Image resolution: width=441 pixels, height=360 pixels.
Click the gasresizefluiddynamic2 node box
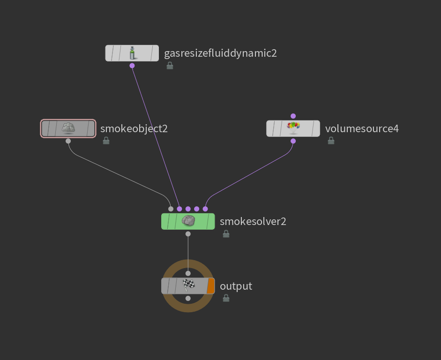(x=132, y=53)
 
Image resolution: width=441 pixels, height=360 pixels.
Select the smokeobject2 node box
(x=68, y=128)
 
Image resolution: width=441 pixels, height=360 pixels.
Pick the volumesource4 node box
(x=293, y=128)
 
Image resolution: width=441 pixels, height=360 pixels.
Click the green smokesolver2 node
(x=188, y=221)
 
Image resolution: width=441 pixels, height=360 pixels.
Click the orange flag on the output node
(x=210, y=286)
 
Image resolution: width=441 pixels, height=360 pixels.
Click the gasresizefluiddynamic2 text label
(x=220, y=53)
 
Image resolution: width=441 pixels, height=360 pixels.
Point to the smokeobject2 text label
(x=134, y=128)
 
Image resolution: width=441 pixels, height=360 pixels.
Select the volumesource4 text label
(x=362, y=128)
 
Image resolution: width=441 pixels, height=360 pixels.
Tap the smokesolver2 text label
(x=253, y=221)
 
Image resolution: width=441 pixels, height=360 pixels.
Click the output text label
(x=236, y=286)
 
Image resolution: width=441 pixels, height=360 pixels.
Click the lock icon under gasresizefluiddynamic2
(x=170, y=66)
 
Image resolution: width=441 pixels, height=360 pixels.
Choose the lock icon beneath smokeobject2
(x=106, y=141)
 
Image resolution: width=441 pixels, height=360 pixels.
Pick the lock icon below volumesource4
(x=331, y=141)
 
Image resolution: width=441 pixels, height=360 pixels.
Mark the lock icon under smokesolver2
(x=226, y=234)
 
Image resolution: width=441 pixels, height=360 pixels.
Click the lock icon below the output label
(x=226, y=298)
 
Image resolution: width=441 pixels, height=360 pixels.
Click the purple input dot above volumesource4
(x=293, y=116)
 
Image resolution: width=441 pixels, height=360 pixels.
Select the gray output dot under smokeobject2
(x=68, y=141)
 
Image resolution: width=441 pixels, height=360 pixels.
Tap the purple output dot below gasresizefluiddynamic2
(x=132, y=66)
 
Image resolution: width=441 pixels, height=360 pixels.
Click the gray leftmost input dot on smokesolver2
(x=171, y=209)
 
